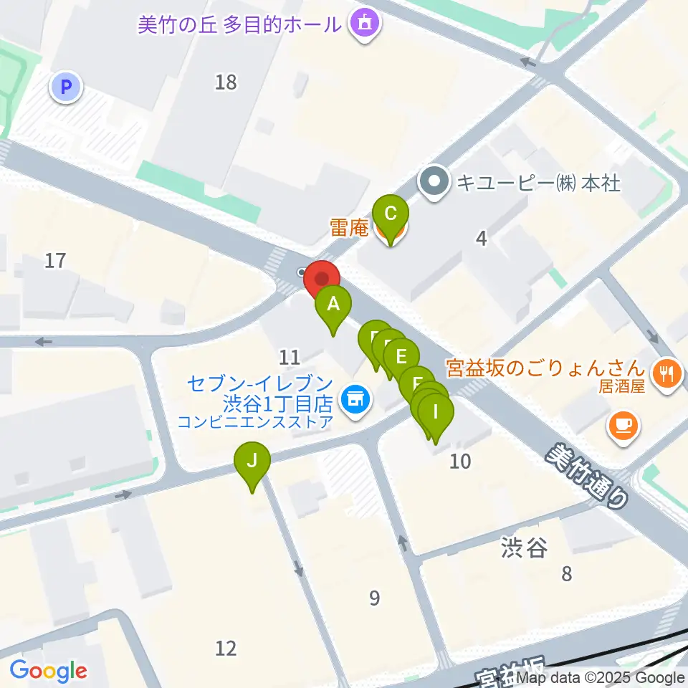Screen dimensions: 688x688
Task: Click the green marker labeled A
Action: click(x=333, y=305)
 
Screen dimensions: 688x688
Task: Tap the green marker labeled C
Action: click(x=391, y=214)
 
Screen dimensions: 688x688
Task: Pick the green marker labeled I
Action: click(x=436, y=413)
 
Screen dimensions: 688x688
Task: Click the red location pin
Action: click(x=322, y=279)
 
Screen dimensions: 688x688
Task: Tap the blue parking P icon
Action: click(x=66, y=88)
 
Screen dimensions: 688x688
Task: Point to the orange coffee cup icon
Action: click(x=622, y=425)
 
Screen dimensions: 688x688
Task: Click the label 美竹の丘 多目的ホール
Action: click(x=239, y=25)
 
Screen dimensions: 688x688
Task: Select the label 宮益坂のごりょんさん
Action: click(x=545, y=369)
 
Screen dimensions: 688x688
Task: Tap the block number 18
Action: click(x=226, y=82)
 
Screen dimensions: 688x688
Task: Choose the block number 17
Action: click(x=55, y=260)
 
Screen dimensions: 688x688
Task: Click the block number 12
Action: click(x=226, y=648)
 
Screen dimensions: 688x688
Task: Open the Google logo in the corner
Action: click(x=48, y=671)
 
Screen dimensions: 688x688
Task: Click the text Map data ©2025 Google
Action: click(x=600, y=678)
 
